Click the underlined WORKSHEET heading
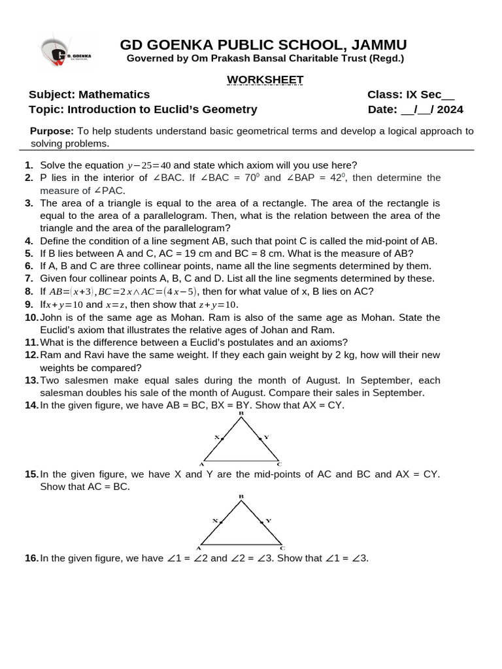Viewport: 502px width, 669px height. (x=256, y=80)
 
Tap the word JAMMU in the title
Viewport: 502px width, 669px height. (x=378, y=44)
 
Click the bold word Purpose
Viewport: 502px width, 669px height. (x=52, y=131)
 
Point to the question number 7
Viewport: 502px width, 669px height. (x=29, y=278)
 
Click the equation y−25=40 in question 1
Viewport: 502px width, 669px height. (x=148, y=165)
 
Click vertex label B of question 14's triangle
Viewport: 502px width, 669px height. (x=241, y=413)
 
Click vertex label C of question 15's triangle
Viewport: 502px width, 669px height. (x=282, y=548)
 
